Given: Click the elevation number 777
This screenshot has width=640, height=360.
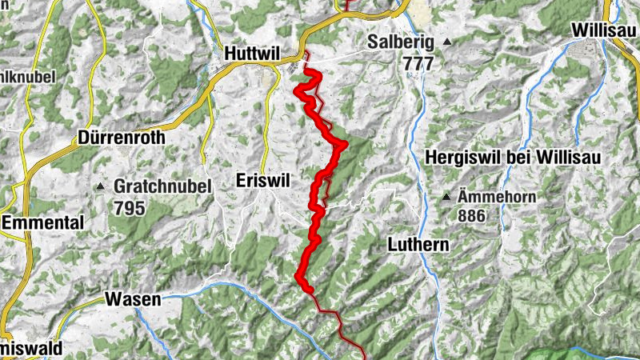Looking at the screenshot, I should coord(418,62).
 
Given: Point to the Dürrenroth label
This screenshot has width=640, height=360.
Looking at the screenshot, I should coord(122,138).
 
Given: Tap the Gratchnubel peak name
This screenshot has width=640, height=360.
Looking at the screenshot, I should coord(162,186).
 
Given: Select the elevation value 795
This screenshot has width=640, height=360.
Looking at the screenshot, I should coord(129,208).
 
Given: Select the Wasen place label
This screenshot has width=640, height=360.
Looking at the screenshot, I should coord(133,301).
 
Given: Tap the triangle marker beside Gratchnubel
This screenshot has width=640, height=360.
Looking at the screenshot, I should coord(101,186).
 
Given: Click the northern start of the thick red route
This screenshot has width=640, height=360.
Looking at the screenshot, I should coord(303,73).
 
